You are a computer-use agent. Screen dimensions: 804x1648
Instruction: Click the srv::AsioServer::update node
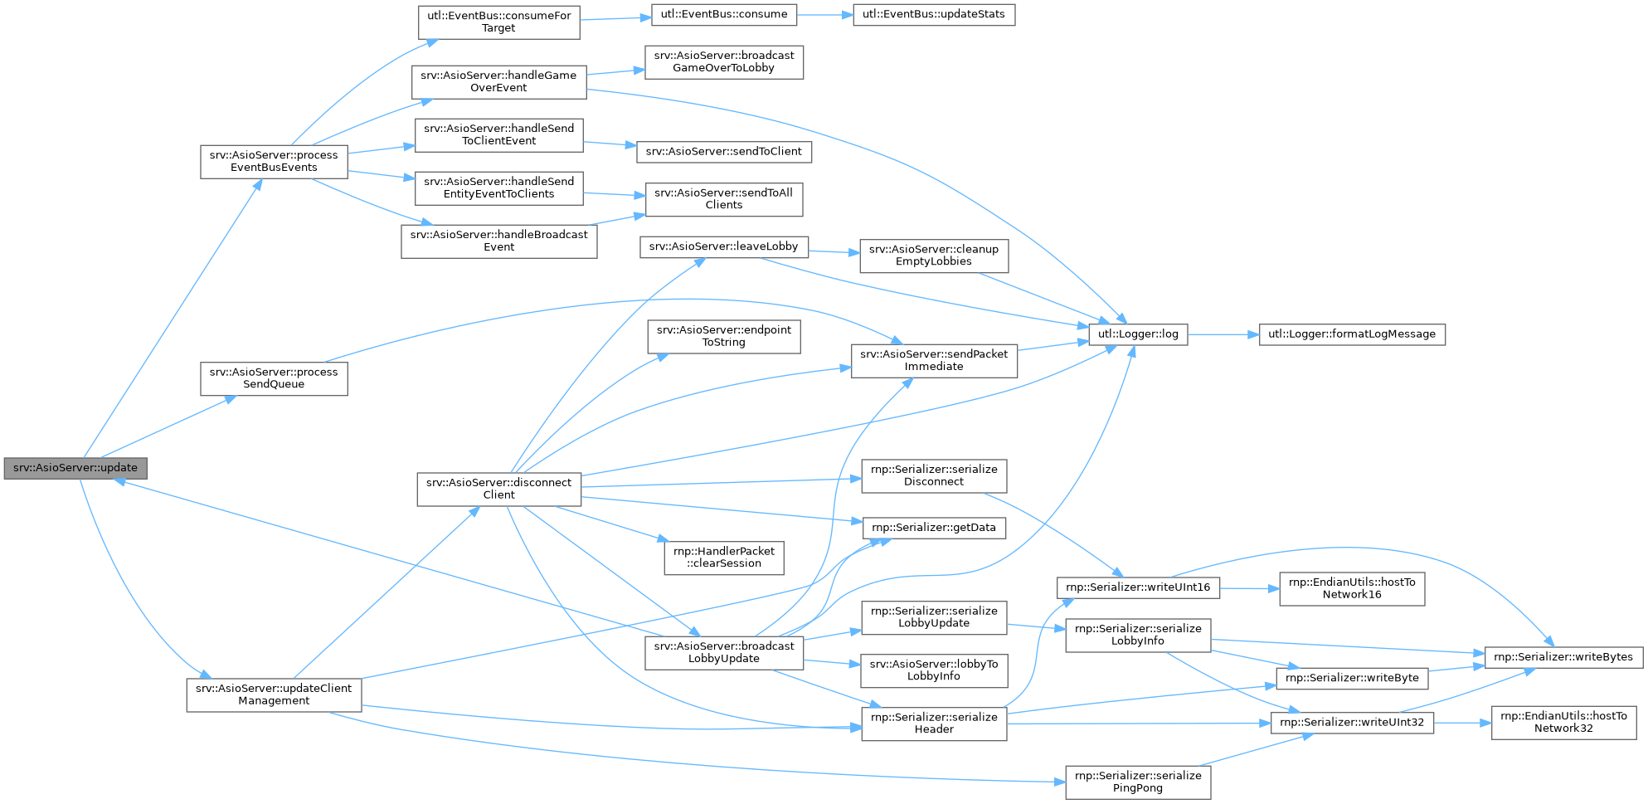click(75, 468)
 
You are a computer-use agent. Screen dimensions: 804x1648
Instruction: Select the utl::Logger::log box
click(1137, 334)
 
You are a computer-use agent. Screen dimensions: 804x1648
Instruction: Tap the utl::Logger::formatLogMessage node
click(1352, 334)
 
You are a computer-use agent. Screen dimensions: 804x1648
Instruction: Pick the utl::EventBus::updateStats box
click(933, 15)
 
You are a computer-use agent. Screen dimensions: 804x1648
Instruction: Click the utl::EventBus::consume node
click(724, 15)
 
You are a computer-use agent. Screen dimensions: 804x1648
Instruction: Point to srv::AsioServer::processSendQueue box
click(274, 378)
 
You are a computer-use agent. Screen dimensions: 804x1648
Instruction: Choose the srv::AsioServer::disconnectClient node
click(498, 489)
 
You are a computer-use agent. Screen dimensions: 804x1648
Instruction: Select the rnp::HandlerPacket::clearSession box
click(723, 558)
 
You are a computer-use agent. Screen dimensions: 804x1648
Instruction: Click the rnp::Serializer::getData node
click(933, 528)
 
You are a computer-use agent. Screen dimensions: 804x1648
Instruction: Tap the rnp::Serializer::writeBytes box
click(1563, 657)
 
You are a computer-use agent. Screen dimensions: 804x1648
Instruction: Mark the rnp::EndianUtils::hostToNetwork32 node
click(1563, 722)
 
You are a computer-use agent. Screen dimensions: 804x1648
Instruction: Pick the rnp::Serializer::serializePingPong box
click(1137, 782)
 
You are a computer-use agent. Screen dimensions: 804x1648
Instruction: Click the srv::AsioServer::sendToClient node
click(723, 152)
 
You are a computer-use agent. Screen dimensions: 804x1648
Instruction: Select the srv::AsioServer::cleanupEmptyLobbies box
click(933, 256)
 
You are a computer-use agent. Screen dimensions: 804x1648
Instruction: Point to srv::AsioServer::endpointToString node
click(723, 336)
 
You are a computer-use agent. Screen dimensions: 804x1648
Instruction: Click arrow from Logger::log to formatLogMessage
click(1223, 334)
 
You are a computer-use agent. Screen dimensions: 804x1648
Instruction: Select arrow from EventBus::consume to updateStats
click(825, 15)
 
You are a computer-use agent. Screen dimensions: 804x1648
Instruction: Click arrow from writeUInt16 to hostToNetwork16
click(1249, 588)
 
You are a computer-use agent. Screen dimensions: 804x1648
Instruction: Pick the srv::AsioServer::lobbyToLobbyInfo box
click(933, 670)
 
